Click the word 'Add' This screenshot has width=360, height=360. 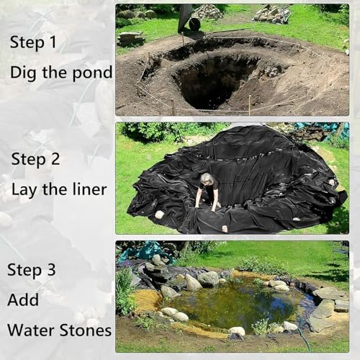[23, 300]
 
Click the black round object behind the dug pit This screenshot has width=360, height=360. [194, 24]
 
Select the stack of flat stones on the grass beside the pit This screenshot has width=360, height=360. [131, 37]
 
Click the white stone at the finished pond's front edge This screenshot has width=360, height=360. [236, 332]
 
